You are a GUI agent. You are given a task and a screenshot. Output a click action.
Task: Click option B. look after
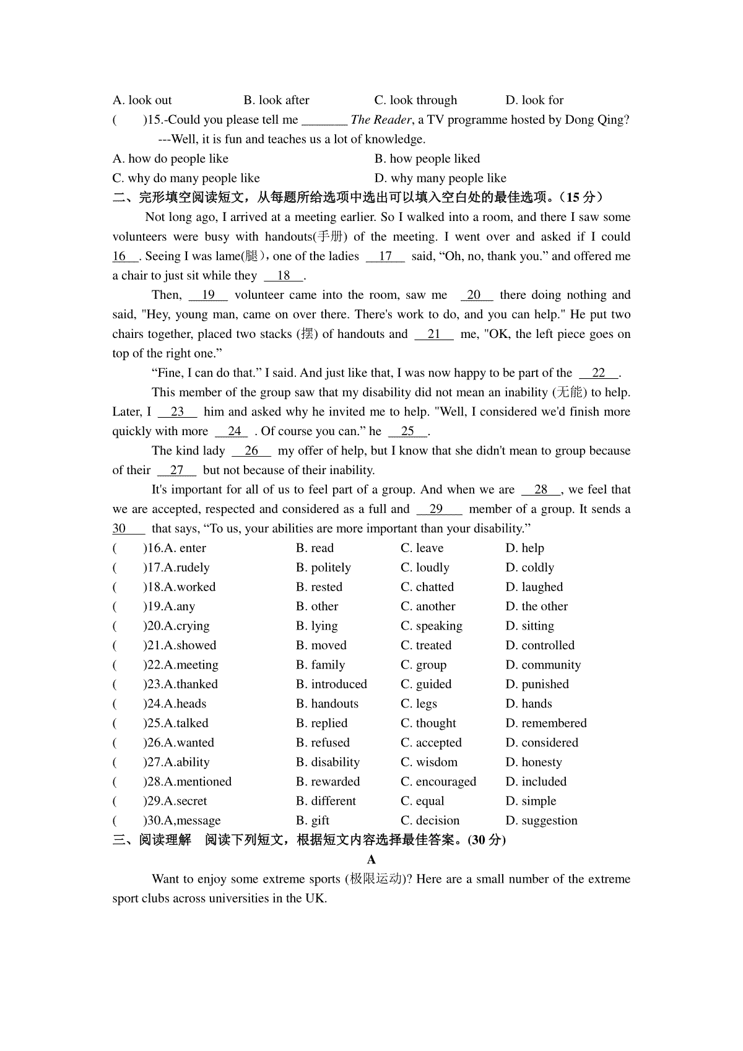tap(276, 100)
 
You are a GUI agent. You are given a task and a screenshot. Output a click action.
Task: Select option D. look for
tap(534, 100)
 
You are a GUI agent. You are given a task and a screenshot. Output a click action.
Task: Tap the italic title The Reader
tap(381, 119)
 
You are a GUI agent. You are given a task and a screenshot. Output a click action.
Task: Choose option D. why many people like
tap(440, 178)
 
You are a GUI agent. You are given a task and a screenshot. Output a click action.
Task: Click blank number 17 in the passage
tap(385, 256)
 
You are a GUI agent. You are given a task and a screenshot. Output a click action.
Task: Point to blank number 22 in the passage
tap(599, 373)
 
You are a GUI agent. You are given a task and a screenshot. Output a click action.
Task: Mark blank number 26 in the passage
tap(251, 451)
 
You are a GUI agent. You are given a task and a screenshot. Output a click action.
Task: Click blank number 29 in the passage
tap(437, 509)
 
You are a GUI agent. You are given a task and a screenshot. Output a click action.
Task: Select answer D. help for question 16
tap(524, 548)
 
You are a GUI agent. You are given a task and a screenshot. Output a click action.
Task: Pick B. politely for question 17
tap(323, 568)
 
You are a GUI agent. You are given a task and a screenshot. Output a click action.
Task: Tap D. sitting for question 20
tap(529, 626)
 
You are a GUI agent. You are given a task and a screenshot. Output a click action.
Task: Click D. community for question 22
tap(543, 665)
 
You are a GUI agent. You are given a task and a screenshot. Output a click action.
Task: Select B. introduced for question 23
tap(331, 684)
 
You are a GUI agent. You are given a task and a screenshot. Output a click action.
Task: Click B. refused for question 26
tap(323, 743)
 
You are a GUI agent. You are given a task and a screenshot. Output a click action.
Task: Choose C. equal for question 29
tap(422, 801)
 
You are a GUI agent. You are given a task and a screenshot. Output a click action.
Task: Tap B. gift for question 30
tap(313, 821)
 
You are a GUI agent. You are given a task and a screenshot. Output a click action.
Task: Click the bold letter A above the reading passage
tap(371, 860)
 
